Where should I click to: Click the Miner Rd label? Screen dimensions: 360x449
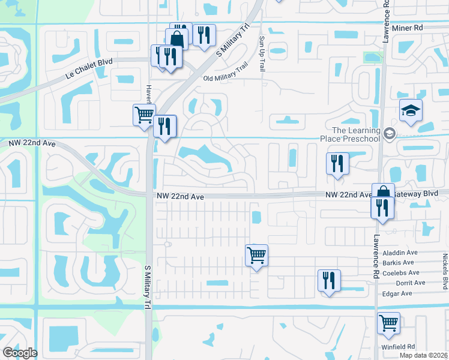[408, 28]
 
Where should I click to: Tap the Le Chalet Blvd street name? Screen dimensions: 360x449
[89, 76]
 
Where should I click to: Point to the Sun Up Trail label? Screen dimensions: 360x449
[262, 53]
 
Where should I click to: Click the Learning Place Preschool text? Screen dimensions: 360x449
[357, 135]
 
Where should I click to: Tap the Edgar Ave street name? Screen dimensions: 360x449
[397, 293]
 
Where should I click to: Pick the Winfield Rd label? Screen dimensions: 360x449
[397, 347]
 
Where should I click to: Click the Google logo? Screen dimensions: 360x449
[20, 353]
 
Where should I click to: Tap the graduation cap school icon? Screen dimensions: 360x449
[411, 110]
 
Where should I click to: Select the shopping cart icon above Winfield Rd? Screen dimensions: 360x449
[388, 322]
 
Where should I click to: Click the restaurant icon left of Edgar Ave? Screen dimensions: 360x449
[329, 280]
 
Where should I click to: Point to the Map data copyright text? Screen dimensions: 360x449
[424, 355]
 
